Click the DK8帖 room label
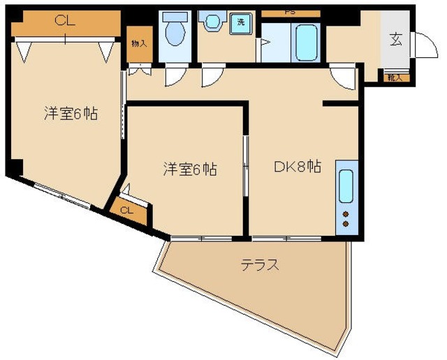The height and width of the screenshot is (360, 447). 296,167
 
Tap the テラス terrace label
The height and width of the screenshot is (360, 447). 260,265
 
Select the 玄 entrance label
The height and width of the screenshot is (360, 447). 396,40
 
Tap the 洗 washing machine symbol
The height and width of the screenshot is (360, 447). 241,22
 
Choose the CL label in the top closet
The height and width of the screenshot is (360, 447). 64,22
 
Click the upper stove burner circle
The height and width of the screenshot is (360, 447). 346,213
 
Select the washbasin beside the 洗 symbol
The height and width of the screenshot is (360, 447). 210,23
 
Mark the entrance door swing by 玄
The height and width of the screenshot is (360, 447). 420,47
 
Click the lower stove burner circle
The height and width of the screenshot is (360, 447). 346,224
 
